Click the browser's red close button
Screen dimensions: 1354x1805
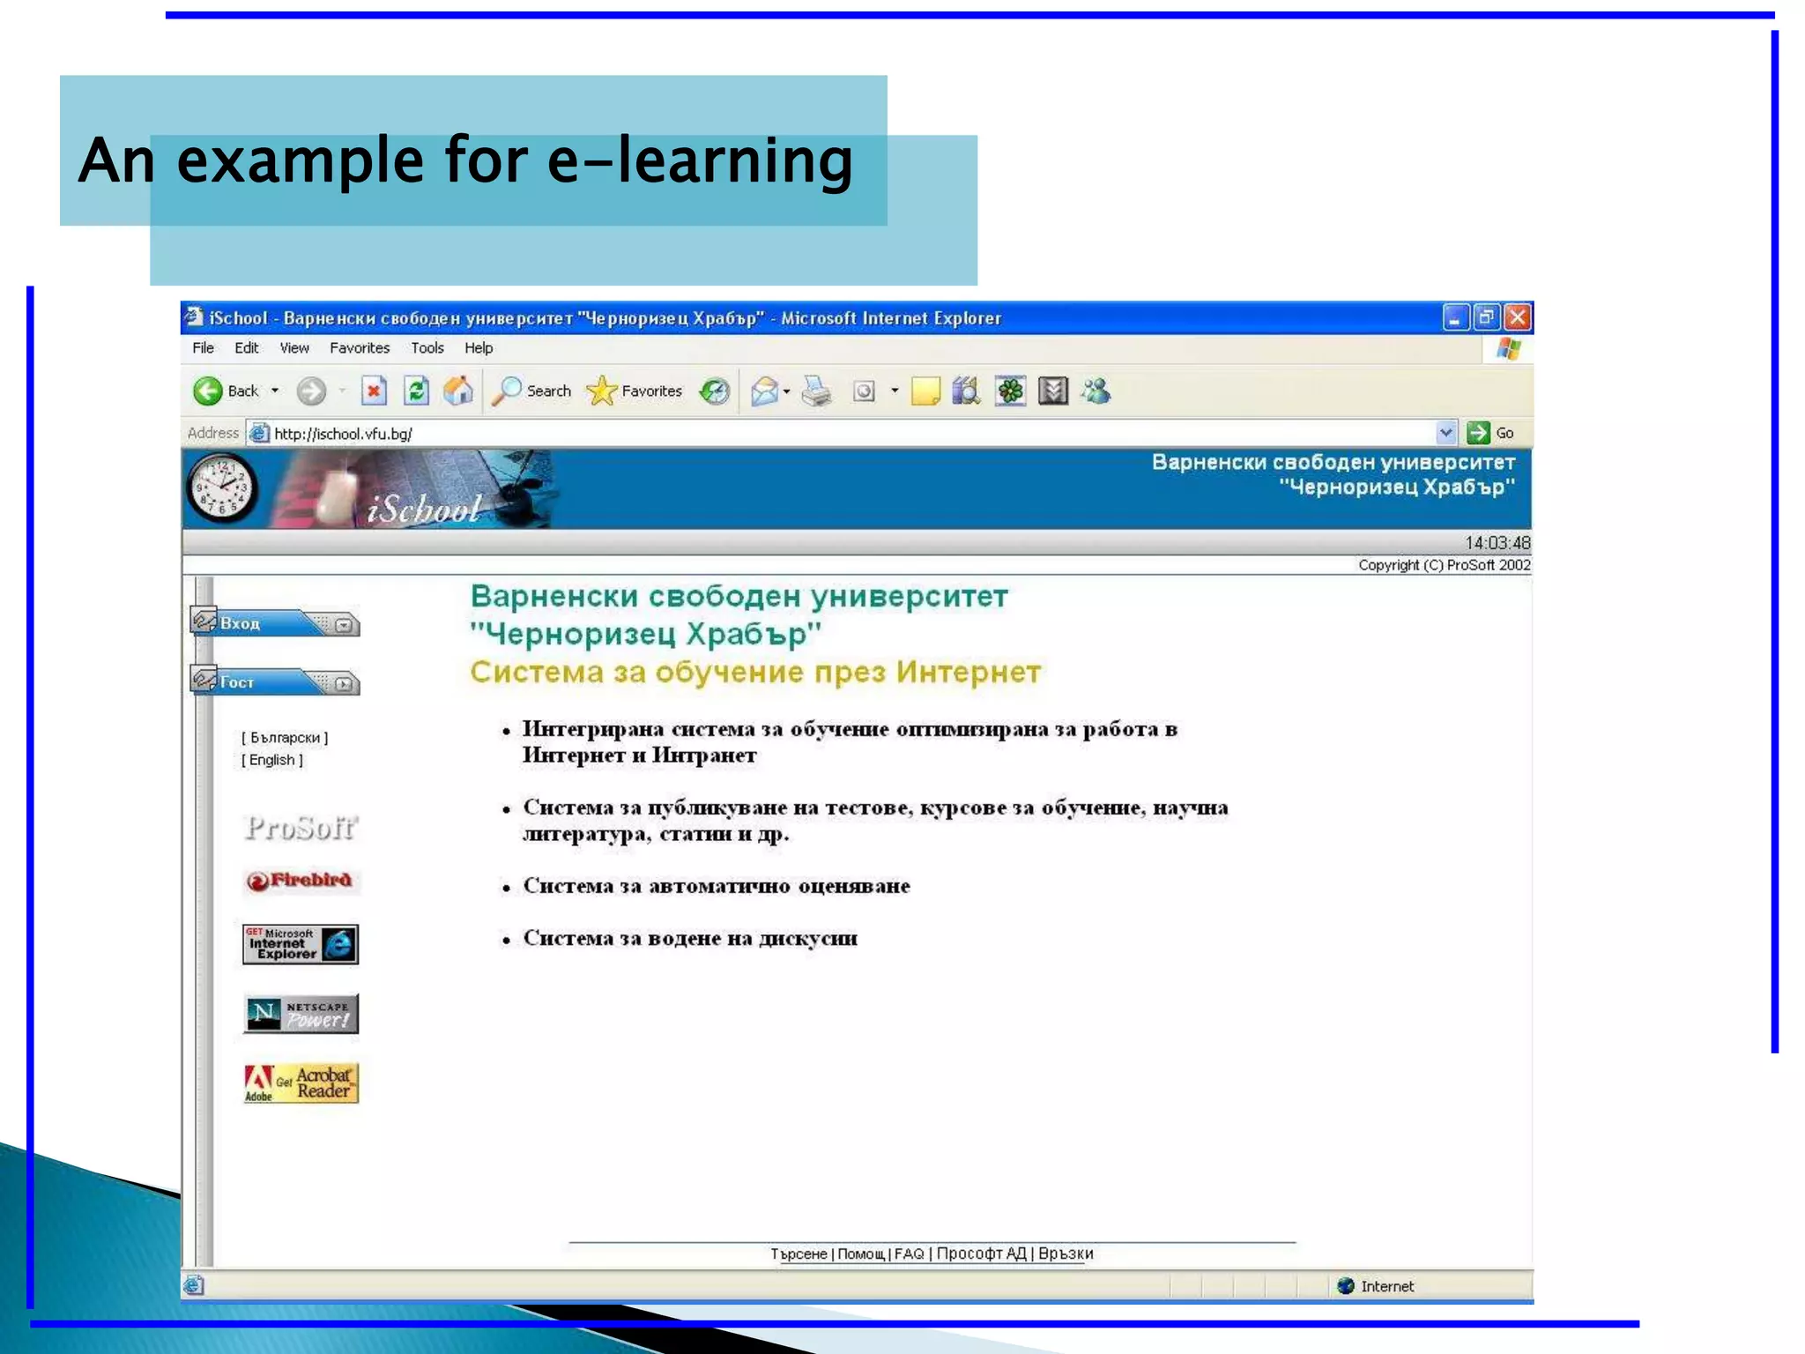[1517, 317]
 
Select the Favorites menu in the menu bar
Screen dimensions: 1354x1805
[360, 348]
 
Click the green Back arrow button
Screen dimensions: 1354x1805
[208, 391]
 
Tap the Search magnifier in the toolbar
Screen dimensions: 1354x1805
[507, 391]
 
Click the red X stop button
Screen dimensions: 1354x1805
[374, 391]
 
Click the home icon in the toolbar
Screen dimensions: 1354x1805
[458, 391]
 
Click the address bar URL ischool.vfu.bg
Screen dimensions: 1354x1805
[343, 434]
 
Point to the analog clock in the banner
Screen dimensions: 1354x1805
[221, 488]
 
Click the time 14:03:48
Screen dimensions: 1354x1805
[1497, 543]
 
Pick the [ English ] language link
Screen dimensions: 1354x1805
[272, 760]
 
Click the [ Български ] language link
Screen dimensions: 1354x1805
[285, 738]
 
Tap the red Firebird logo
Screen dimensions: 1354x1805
[301, 881]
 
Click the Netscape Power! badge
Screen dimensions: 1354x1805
[301, 1014]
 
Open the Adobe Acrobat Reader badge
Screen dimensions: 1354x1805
[301, 1083]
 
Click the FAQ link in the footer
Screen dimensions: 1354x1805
[909, 1254]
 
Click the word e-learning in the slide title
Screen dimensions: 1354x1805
[700, 160]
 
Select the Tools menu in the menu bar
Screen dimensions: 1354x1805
[427, 348]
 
